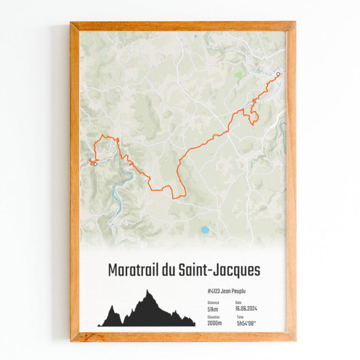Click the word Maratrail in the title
coord(134,271)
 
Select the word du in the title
coord(177,271)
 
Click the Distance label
coord(213,303)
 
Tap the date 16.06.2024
coord(246,309)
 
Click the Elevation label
coord(214,317)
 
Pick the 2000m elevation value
coord(214,323)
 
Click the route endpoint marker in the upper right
coord(278,74)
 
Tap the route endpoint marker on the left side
coord(95,164)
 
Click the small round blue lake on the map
coord(205,230)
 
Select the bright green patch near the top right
coord(239,75)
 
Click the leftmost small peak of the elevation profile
coord(112,307)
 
